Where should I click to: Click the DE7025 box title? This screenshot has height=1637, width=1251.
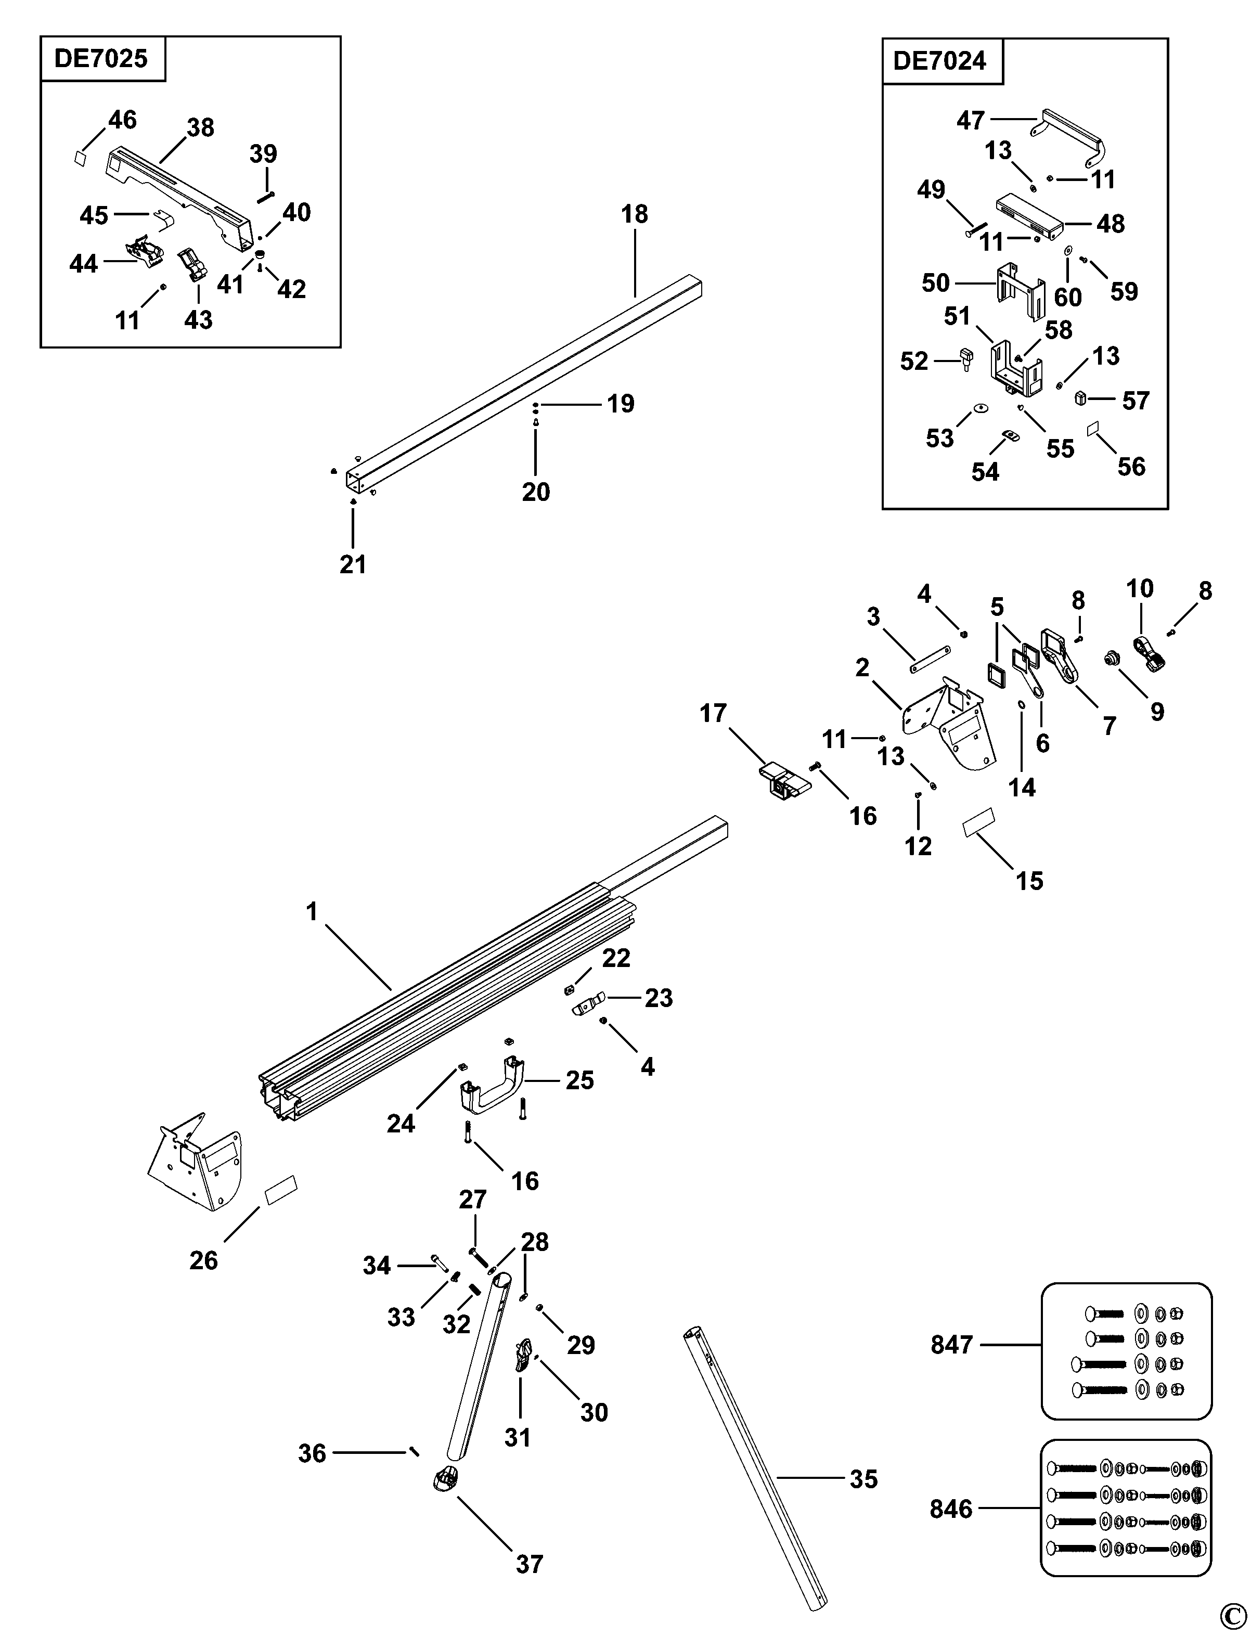click(x=101, y=59)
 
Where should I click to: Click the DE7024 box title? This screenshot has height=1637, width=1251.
click(x=940, y=60)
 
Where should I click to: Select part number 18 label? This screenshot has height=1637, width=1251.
click(x=635, y=214)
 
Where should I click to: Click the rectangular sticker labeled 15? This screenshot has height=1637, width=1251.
click(x=978, y=823)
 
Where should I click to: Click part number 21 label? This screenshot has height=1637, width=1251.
click(x=353, y=564)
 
